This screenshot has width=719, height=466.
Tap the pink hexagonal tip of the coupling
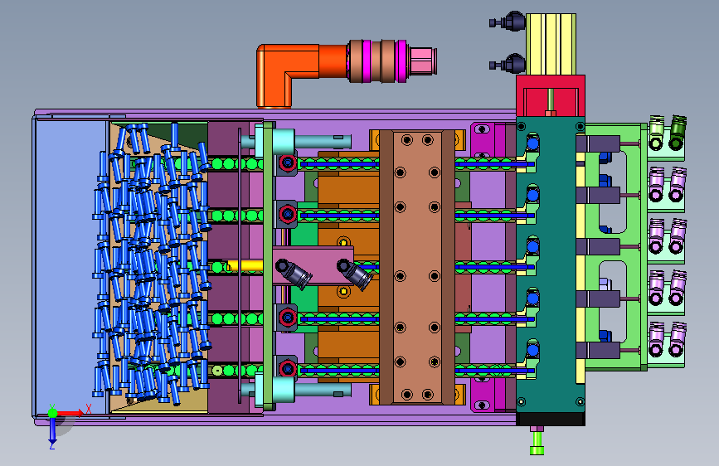pos(423,61)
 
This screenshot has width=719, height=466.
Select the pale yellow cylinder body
pos(551,44)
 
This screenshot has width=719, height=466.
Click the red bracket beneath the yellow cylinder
pos(551,95)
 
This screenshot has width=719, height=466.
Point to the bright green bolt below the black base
pos(537,442)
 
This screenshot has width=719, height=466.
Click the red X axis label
pos(89,409)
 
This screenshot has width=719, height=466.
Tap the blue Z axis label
pos(52,445)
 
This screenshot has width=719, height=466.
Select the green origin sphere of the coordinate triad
pos(53,413)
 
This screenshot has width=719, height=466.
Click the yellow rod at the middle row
pos(245,265)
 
